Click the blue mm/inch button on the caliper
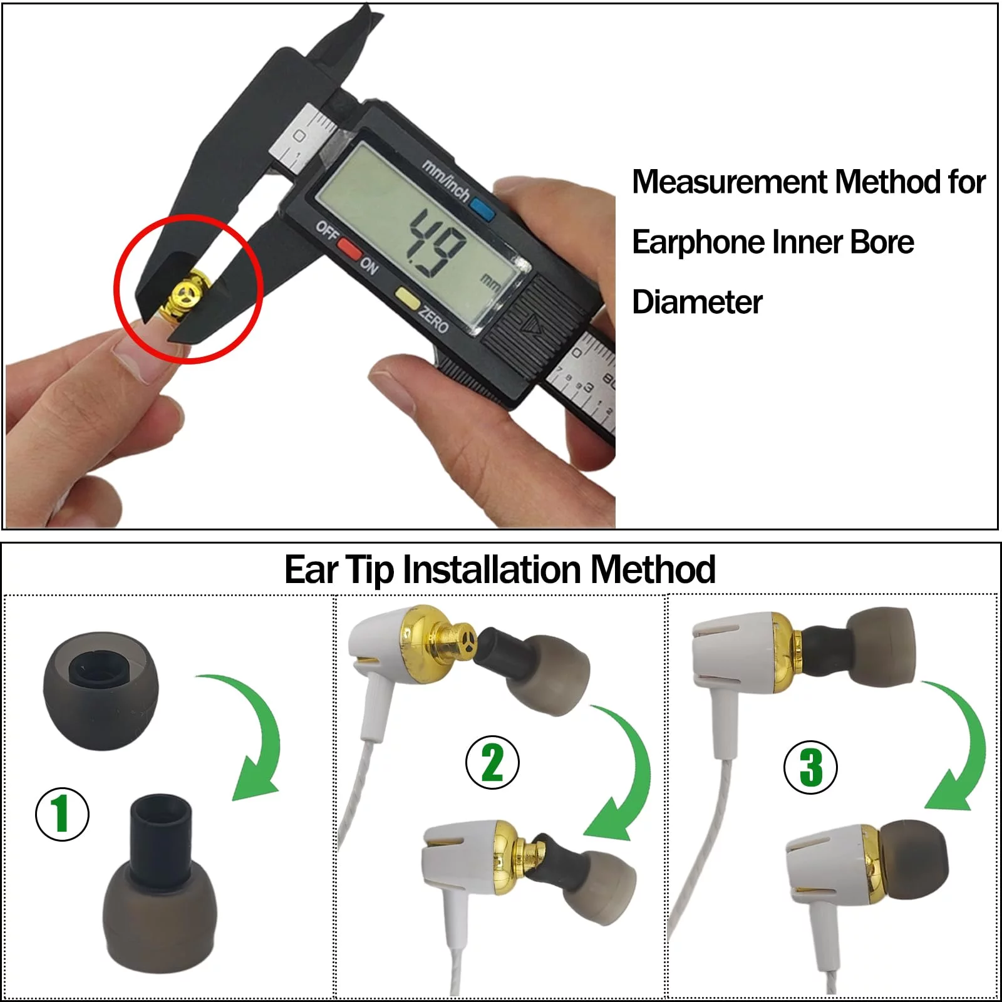(482, 209)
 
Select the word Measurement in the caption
(730, 182)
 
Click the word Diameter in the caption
(697, 302)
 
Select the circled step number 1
(62, 814)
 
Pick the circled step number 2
(492, 762)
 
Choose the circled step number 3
(811, 767)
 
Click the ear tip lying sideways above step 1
(101, 690)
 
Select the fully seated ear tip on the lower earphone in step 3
(913, 859)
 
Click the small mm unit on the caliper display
(490, 283)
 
